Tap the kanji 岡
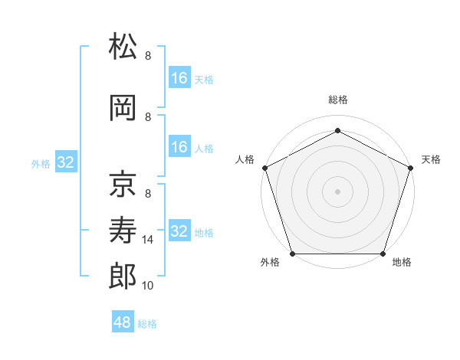click(x=123, y=109)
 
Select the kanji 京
click(x=123, y=184)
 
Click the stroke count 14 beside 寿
click(x=149, y=240)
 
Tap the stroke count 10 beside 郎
click(x=149, y=286)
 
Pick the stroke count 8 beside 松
click(x=148, y=55)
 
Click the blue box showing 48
click(x=123, y=322)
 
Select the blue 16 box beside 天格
click(x=179, y=77)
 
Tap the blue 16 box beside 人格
click(x=179, y=147)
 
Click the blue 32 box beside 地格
click(x=179, y=231)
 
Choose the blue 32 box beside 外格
click(x=66, y=162)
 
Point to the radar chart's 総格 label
click(x=337, y=100)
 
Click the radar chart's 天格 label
click(x=431, y=159)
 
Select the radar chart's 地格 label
click(x=402, y=262)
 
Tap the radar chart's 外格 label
click(x=270, y=262)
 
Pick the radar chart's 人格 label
click(x=245, y=159)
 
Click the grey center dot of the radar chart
click(x=337, y=191)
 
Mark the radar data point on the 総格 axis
click(x=337, y=131)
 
